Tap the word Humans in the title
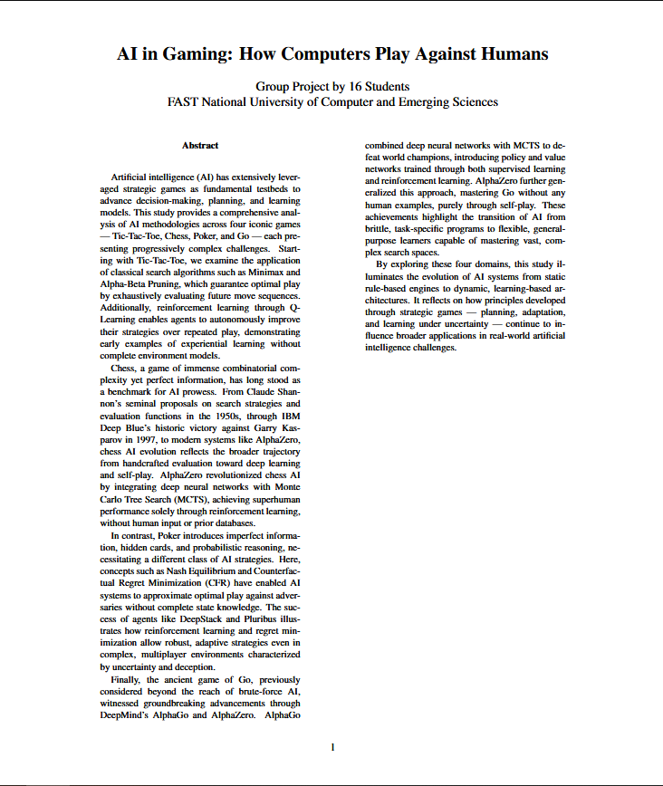[x=507, y=53]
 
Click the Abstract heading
[x=200, y=145]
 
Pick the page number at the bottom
[x=332, y=747]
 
